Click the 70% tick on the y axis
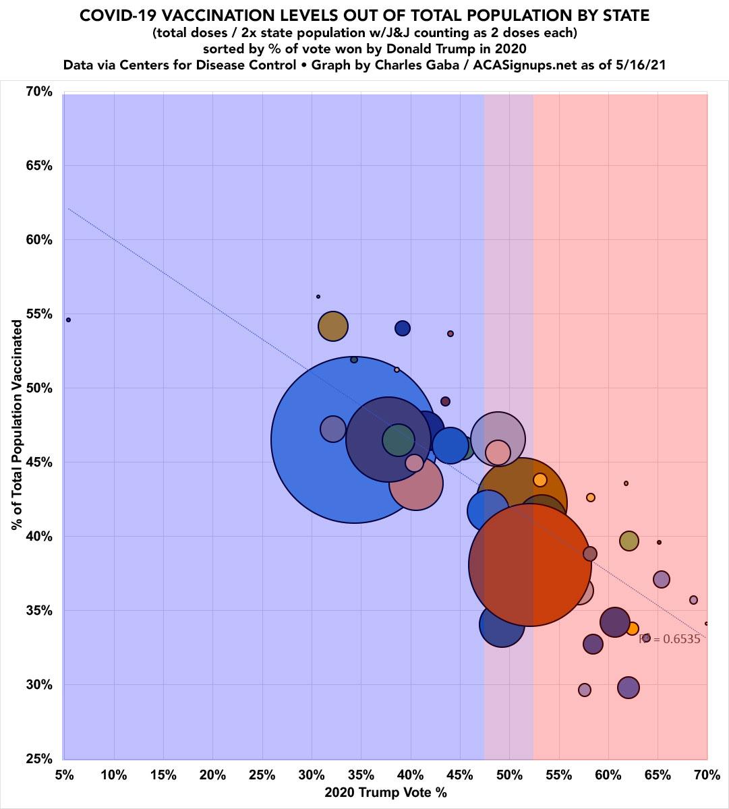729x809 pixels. pos(39,92)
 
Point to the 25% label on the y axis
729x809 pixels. pos(39,759)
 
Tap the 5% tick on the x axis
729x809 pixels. pos(64,774)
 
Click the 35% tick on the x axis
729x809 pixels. pos(361,774)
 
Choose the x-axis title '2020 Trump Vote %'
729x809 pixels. pos(386,793)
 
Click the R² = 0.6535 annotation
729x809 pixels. pos(670,639)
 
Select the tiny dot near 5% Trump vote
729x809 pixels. pos(68,320)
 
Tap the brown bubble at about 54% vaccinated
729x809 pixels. pos(332,326)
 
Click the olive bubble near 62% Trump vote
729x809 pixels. pos(629,541)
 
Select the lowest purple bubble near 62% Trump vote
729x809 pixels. pos(628,688)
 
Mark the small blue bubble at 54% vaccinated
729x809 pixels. pos(403,328)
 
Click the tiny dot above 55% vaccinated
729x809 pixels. pos(318,297)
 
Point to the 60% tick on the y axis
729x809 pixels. pos(39,240)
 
